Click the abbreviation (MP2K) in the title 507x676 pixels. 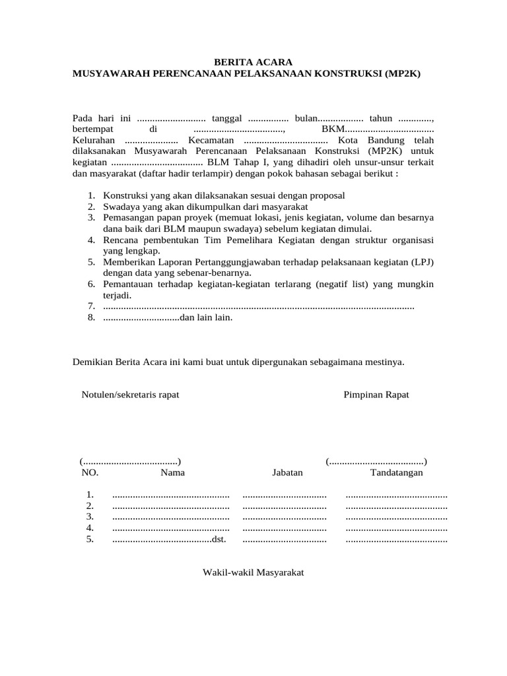400,74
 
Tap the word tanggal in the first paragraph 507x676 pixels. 226,118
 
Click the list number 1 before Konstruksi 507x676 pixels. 90,196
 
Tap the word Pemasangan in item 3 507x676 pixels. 129,217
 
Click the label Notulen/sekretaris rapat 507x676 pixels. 130,395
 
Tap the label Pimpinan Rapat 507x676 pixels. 376,395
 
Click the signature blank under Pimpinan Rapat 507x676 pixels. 376,461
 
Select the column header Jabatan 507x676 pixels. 287,473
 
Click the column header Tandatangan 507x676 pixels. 397,473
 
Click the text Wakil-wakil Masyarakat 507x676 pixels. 253,572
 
